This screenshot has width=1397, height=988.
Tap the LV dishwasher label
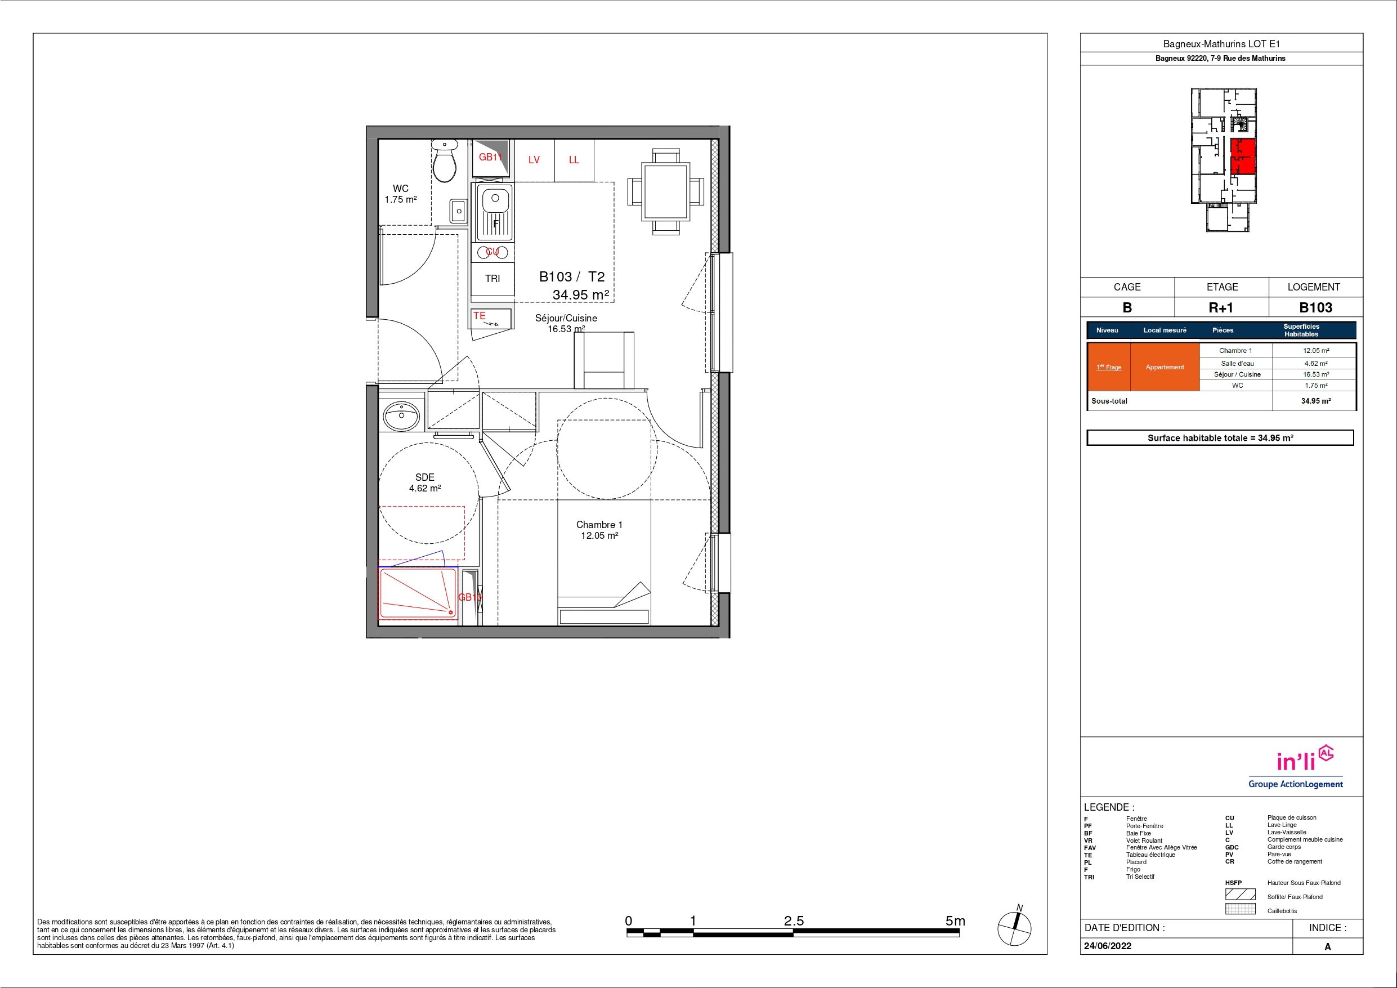[x=534, y=160]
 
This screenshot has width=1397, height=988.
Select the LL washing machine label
[x=574, y=160]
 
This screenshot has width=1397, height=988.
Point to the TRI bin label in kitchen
[x=492, y=279]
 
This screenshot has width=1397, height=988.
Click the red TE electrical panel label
[x=480, y=316]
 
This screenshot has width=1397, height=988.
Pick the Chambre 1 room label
[x=599, y=525]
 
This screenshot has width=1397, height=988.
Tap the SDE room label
[x=425, y=477]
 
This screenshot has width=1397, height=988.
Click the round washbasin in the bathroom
[x=401, y=417]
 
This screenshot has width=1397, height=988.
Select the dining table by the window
[x=666, y=192]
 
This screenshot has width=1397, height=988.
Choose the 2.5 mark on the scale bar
[x=794, y=921]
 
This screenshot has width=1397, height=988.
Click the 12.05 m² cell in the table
[x=1316, y=351]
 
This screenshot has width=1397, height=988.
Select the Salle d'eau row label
[x=1237, y=364]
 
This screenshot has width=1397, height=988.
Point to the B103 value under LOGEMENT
[x=1315, y=307]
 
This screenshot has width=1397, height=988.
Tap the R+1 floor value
[x=1221, y=307]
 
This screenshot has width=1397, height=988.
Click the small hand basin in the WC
[x=458, y=212]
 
